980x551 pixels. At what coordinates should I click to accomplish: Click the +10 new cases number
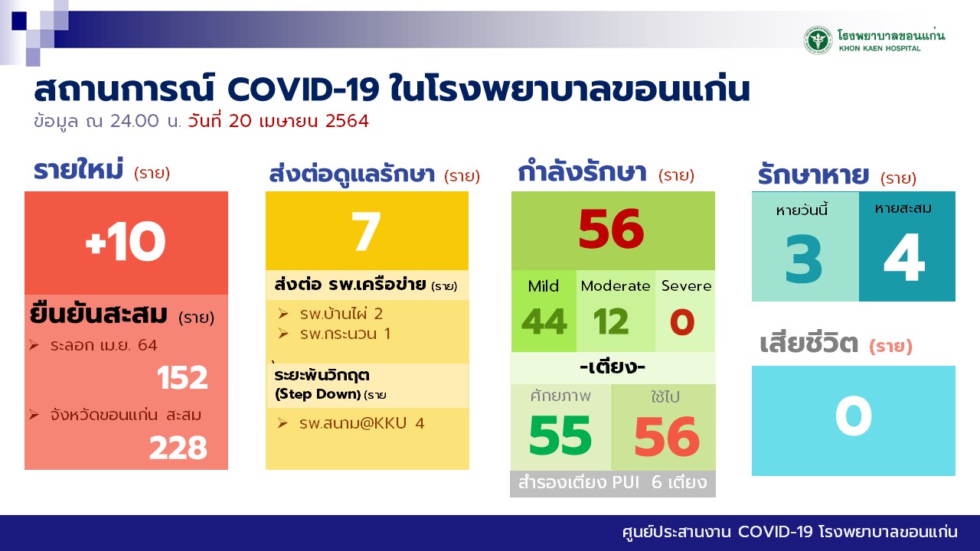tap(126, 241)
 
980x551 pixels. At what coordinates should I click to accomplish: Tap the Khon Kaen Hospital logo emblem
tap(817, 41)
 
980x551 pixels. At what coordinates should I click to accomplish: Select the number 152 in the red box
tap(182, 377)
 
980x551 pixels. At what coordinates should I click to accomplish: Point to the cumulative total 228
tap(178, 448)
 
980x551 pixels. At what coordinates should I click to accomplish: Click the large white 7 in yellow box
tap(366, 231)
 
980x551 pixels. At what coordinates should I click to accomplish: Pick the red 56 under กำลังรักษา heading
tap(611, 229)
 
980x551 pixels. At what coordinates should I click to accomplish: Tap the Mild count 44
tap(544, 322)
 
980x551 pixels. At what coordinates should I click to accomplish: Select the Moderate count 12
tap(611, 322)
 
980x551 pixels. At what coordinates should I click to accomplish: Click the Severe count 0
tap(682, 322)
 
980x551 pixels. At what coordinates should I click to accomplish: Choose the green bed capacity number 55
tap(560, 435)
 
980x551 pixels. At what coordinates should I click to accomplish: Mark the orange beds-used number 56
tap(667, 436)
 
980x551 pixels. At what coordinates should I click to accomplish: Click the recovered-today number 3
tap(804, 259)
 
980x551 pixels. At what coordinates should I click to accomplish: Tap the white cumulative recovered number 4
tap(904, 257)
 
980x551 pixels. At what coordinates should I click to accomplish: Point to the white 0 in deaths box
tap(853, 416)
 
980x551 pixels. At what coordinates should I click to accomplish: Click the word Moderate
tap(615, 286)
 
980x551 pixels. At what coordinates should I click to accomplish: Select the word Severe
tap(686, 286)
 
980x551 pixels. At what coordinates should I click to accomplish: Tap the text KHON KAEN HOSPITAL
tap(880, 48)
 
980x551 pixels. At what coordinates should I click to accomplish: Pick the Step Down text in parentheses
tap(318, 394)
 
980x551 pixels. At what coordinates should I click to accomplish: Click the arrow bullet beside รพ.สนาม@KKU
tap(283, 423)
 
